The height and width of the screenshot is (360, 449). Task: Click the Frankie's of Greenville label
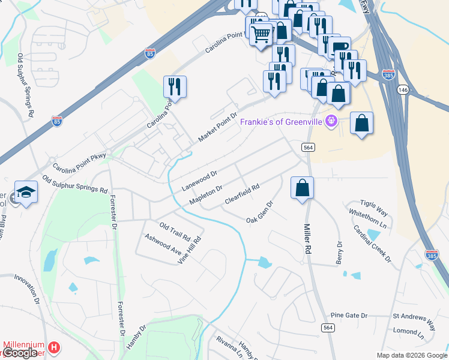point(281,122)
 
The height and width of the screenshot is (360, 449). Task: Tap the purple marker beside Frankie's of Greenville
point(330,122)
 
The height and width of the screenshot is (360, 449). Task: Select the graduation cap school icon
point(26,191)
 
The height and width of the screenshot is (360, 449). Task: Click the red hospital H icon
point(54,347)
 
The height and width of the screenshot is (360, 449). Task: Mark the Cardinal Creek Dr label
point(372,243)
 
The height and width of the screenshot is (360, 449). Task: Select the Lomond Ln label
point(408,331)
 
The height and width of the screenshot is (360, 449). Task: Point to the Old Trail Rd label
point(175,229)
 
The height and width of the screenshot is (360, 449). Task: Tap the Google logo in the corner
point(20,353)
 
